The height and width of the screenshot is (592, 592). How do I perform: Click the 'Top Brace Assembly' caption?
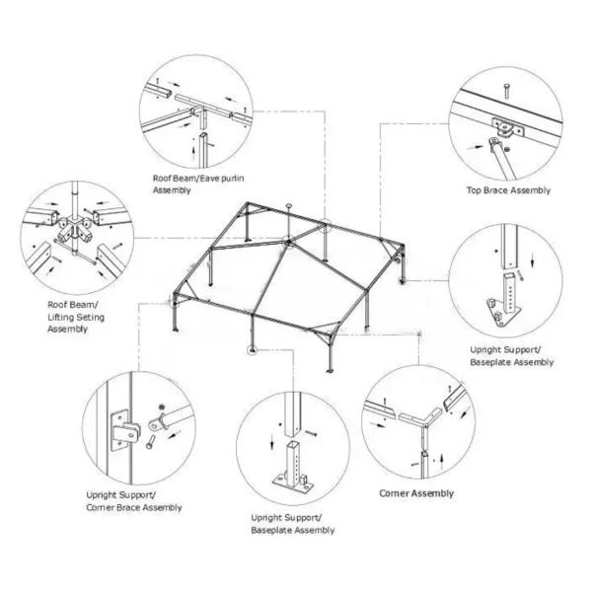[x=508, y=190]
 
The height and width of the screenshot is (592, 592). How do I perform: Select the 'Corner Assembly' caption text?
[x=416, y=493]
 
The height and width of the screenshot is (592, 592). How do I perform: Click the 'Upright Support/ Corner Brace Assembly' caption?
[x=133, y=500]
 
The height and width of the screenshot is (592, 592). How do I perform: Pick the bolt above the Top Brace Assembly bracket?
[x=505, y=93]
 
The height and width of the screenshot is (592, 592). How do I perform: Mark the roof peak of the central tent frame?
[x=285, y=239]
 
